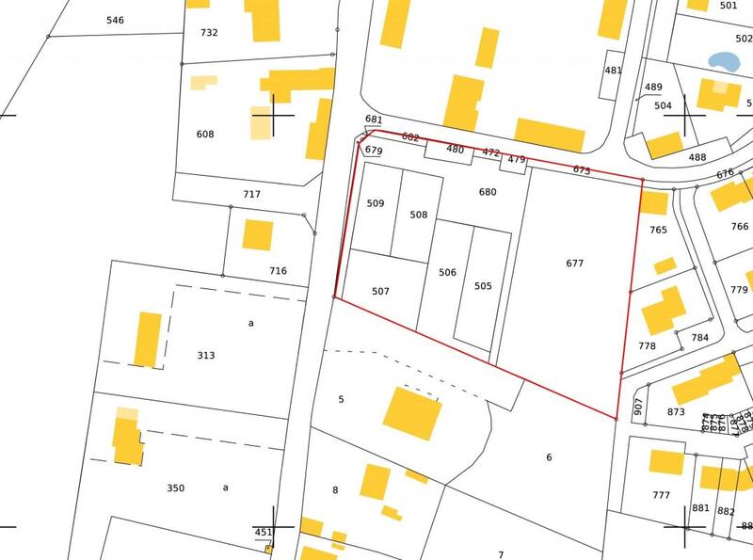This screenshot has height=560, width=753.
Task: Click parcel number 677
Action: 575,264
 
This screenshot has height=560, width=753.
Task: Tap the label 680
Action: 488,192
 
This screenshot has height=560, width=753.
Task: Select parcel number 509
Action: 376,203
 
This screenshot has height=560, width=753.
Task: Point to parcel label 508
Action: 419,215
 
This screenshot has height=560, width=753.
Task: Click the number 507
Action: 380,292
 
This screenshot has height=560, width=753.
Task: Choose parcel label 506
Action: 447,273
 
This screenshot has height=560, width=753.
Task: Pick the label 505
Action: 483,286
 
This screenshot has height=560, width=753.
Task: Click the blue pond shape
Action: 723,61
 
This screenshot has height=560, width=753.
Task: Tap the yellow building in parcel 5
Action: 412,413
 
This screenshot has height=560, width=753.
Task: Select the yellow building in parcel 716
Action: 258,234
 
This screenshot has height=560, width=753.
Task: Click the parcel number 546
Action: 115,20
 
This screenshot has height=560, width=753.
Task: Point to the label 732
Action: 209,33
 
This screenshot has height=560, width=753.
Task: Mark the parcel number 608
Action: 205,135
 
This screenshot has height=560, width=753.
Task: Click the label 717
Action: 251,195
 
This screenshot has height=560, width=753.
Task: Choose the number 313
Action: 206,356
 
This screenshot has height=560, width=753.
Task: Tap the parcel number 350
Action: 176,488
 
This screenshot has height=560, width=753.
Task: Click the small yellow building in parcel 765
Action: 665,265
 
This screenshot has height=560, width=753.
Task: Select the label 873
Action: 676,412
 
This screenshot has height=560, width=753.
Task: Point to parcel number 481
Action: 614,71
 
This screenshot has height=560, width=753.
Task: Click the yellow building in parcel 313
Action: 148,339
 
